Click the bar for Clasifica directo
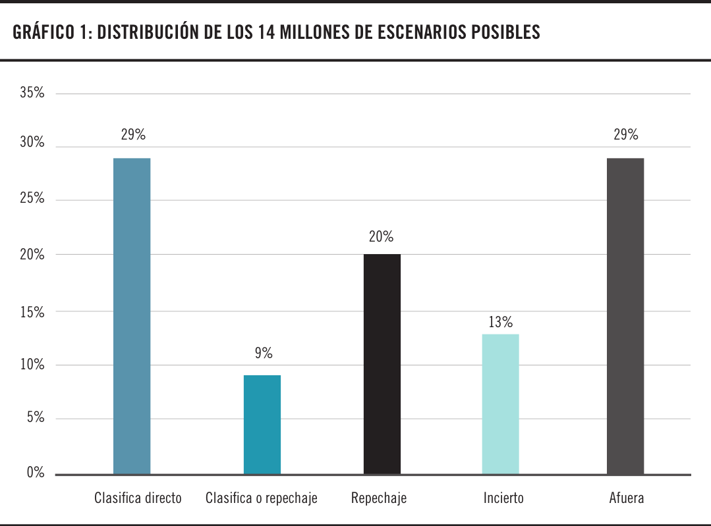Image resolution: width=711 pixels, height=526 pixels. pyautogui.click(x=132, y=316)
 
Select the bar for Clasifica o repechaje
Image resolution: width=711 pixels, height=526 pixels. pyautogui.click(x=262, y=425)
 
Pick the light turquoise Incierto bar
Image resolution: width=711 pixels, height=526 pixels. pyautogui.click(x=501, y=404)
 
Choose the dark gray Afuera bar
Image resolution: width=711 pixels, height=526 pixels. pyautogui.click(x=625, y=316)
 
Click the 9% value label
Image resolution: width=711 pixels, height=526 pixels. pyautogui.click(x=264, y=354)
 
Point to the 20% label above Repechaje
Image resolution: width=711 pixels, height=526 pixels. pyautogui.click(x=382, y=236)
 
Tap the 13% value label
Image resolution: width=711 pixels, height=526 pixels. pyautogui.click(x=501, y=323)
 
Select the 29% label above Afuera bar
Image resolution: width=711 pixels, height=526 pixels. pyautogui.click(x=626, y=135)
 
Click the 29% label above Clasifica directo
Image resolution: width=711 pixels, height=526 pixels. pyautogui.click(x=133, y=135)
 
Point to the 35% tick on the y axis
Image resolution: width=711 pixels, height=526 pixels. pyautogui.click(x=32, y=93)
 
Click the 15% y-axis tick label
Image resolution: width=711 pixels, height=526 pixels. pyautogui.click(x=32, y=312)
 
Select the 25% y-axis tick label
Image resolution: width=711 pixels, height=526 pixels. pyautogui.click(x=32, y=198)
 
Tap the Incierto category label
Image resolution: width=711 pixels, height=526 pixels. pyautogui.click(x=503, y=498)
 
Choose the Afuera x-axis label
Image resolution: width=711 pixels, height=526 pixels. pyautogui.click(x=627, y=498)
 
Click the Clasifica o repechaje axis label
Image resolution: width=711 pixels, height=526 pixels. pyautogui.click(x=262, y=498)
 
